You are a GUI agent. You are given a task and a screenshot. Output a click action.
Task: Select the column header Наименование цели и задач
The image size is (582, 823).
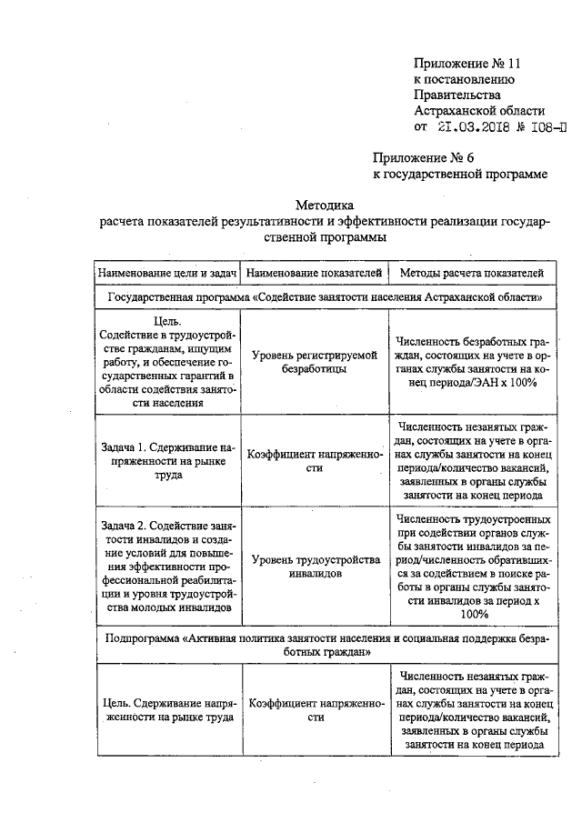pos(168,272)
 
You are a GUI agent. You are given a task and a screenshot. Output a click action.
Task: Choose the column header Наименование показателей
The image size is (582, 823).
pos(315,272)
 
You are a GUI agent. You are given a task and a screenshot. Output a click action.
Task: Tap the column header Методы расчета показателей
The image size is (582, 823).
pos(472,272)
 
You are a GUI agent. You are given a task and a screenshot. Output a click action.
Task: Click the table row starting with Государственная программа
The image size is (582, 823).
pos(325,296)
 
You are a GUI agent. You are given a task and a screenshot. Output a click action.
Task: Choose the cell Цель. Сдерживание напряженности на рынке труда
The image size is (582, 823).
pos(168,709)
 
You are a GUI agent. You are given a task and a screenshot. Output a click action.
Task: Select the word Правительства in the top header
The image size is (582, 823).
pos(456,95)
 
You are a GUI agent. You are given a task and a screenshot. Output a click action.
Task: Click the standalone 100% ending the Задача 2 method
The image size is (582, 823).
pos(473,615)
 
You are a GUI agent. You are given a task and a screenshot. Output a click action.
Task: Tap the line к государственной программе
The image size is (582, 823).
pos(460,173)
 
